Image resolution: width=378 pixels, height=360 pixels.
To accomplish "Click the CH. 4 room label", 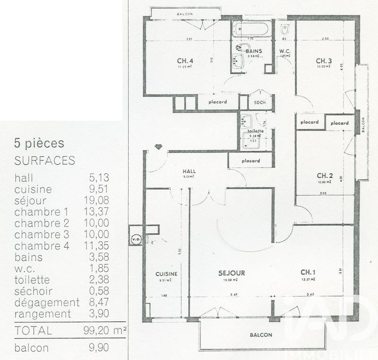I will click(185, 60).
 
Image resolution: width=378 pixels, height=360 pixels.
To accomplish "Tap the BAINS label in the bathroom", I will click(254, 51).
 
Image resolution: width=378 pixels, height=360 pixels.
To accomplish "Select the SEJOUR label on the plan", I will click(232, 273).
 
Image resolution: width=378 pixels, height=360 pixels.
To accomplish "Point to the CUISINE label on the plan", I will click(166, 274).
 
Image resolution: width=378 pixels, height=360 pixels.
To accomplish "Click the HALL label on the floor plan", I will click(189, 171).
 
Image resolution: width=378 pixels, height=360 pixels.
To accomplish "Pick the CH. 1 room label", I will click(308, 272).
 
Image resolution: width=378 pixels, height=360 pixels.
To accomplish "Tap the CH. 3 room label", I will click(324, 60).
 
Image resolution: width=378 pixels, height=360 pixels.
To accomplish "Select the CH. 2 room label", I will click(326, 175).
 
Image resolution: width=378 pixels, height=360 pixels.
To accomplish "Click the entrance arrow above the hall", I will click(158, 147).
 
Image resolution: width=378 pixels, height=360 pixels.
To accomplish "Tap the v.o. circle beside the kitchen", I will click(136, 239).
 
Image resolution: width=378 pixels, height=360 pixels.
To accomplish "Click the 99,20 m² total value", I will click(108, 330).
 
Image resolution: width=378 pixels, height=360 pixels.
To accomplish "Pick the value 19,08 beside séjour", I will click(99, 212).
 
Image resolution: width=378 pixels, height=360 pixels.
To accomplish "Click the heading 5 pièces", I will click(39, 143).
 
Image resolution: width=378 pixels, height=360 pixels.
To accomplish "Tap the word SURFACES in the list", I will click(45, 161).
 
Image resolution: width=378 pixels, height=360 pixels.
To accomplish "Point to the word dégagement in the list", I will click(47, 302).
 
